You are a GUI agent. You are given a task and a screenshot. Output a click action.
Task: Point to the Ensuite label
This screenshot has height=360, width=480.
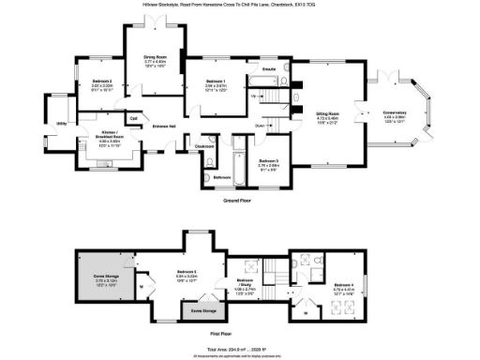[268, 70]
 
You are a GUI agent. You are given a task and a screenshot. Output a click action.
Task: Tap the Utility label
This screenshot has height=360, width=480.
[61, 123]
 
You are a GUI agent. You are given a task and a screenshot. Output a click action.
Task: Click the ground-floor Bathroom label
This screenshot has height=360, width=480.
[221, 177]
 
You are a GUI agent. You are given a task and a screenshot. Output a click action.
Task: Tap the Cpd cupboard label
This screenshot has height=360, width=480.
[133, 118]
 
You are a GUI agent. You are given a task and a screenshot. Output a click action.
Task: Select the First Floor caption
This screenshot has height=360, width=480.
[239, 332]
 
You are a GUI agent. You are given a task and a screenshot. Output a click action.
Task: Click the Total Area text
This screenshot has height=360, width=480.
[239, 349]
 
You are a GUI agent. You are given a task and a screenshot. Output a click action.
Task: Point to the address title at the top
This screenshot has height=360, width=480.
[239, 4]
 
